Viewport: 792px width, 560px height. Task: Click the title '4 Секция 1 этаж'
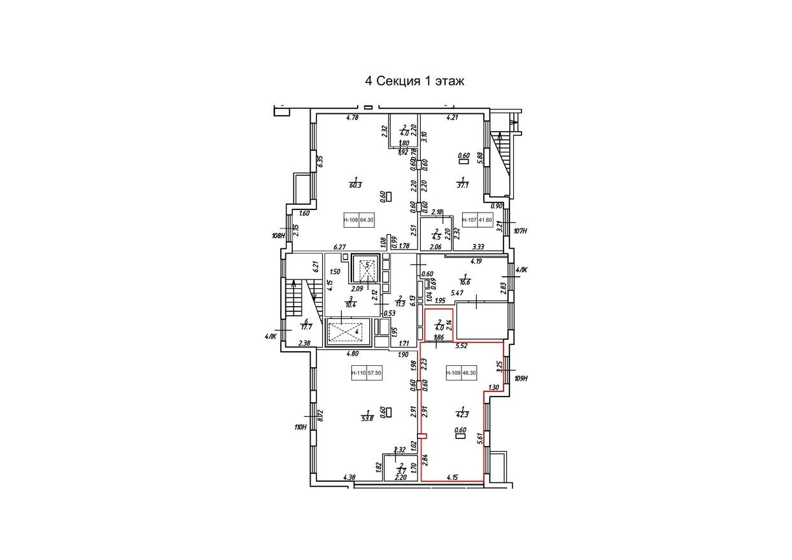click(414, 81)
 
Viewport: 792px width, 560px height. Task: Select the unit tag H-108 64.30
click(359, 221)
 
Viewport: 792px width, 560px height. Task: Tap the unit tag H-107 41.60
click(477, 221)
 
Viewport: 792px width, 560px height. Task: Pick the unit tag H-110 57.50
click(366, 374)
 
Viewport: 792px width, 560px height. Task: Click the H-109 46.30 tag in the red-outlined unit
click(462, 374)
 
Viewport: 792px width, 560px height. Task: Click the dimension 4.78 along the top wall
click(353, 117)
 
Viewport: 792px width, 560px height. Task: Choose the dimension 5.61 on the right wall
click(479, 438)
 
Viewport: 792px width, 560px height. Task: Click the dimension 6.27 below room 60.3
click(339, 247)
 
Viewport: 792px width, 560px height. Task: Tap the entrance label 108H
click(278, 235)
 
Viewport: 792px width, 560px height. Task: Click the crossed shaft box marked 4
click(344, 332)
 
